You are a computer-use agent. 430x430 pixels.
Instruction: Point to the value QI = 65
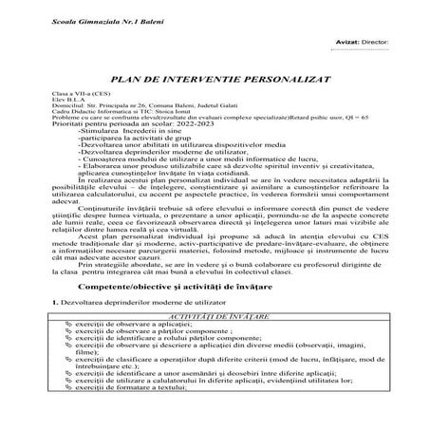coord(354,122)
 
